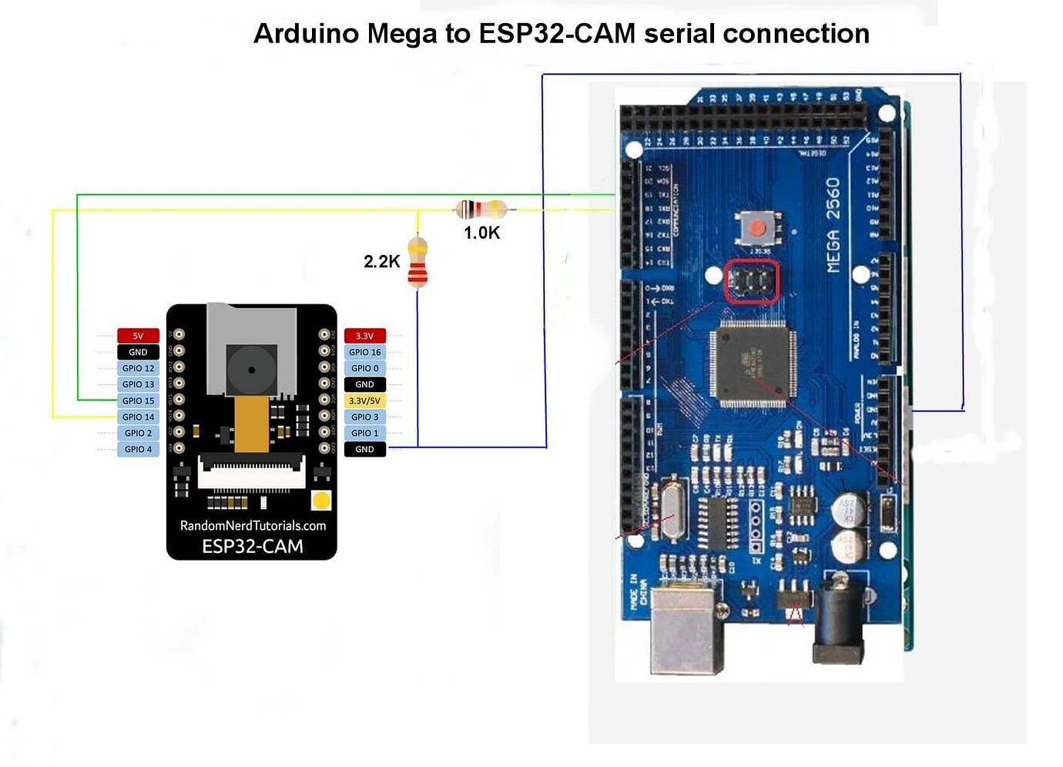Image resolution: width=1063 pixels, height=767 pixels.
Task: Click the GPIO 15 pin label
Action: coord(138,400)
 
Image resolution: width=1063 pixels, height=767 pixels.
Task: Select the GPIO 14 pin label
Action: coord(138,417)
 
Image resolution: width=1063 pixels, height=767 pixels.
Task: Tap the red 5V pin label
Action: coord(138,336)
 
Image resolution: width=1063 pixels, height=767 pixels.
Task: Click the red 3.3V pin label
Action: coord(364,336)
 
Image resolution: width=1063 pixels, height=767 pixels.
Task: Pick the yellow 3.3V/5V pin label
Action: coord(364,400)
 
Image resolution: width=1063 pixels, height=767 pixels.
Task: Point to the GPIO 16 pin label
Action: coord(364,352)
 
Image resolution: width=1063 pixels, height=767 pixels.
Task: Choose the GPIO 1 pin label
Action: coord(364,433)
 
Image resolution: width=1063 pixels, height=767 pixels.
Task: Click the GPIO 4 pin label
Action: coord(138,449)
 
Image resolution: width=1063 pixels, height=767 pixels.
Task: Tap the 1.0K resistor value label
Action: coord(481,233)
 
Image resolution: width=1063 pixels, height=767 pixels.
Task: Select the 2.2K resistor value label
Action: coord(381,262)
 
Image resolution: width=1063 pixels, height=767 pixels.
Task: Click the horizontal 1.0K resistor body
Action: coord(481,209)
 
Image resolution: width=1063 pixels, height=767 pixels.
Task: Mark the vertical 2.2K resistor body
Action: coord(417,263)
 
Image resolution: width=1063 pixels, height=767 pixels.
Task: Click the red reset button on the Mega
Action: coord(757,229)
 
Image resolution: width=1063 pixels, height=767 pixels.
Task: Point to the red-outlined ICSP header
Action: coord(751,282)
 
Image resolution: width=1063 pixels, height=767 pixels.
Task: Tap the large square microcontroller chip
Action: coord(752,364)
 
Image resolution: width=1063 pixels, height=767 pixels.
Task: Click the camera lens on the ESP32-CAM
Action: coord(251,370)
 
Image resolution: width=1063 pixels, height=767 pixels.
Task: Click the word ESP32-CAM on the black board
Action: coord(252,547)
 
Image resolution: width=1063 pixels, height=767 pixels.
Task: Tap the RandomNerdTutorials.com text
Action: coord(253,525)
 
